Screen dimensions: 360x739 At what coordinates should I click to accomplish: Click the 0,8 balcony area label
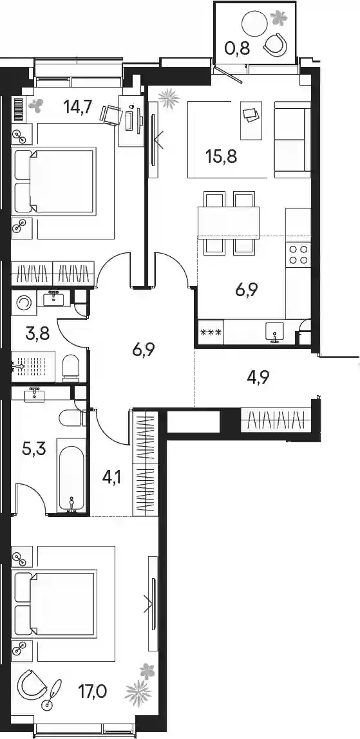coord(237,48)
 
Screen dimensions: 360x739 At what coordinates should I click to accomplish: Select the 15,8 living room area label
coord(221,156)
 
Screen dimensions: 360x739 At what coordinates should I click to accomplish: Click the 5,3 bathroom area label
coord(34,449)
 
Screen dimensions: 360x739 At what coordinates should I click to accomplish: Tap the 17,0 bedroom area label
coord(92,692)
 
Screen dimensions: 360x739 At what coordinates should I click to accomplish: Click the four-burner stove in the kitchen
coord(299,254)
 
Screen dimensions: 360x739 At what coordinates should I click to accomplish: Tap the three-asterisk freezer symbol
coord(211,333)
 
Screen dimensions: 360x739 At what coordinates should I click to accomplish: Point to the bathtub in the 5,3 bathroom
coord(71,475)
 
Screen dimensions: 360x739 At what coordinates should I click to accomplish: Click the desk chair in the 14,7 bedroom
coord(111,115)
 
